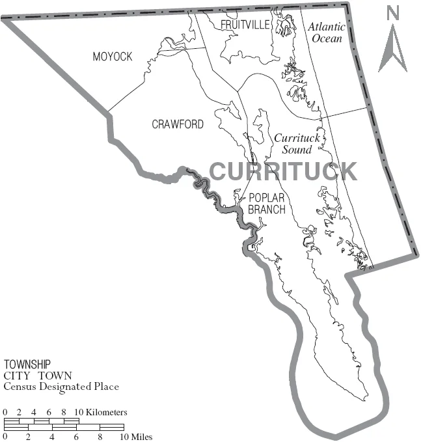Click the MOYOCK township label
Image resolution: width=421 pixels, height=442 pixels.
click(x=112, y=57)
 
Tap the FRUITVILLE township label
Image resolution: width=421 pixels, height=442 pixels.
click(x=245, y=25)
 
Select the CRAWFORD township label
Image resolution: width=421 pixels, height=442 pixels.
click(x=177, y=124)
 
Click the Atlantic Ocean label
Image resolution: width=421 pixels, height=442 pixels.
click(x=326, y=32)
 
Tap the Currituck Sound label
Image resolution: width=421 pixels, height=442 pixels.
click(x=293, y=144)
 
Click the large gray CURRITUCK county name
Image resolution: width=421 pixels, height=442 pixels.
click(x=283, y=171)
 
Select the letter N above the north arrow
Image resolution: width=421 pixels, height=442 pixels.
click(x=392, y=12)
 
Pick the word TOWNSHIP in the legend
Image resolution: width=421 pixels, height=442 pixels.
click(x=27, y=365)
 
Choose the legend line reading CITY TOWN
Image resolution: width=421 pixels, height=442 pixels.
click(x=38, y=376)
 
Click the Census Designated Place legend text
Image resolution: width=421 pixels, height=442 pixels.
click(x=61, y=387)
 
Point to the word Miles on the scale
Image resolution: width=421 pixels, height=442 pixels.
click(x=142, y=436)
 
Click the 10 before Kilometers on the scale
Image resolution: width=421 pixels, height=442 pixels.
click(x=79, y=413)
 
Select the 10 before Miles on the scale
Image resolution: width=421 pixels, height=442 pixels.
click(x=124, y=436)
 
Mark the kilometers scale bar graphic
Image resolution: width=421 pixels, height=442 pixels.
click(x=42, y=421)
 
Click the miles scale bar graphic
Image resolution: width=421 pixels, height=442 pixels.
click(x=64, y=427)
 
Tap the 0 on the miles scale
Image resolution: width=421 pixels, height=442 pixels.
click(x=5, y=436)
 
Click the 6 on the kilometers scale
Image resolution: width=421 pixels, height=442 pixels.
click(x=49, y=413)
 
